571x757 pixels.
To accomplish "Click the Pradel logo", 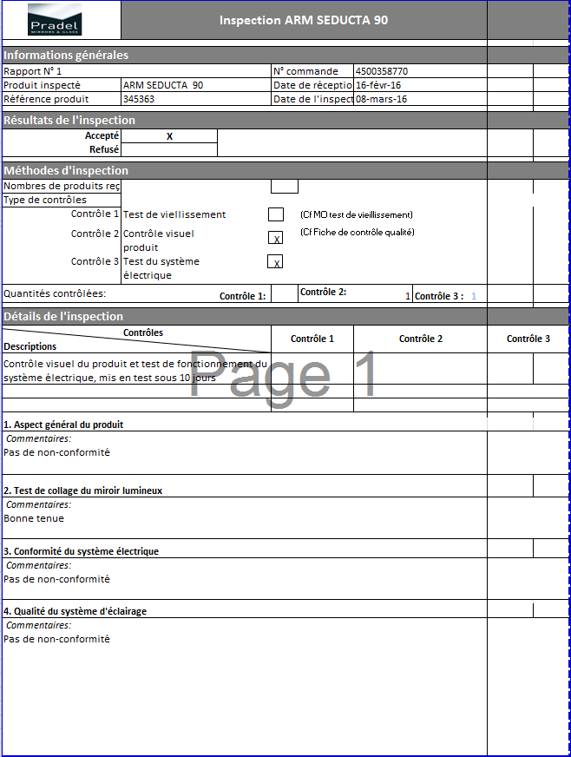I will [x=53, y=19].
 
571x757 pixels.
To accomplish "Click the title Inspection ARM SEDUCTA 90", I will [x=304, y=20].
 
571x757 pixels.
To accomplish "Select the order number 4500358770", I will [x=382, y=71].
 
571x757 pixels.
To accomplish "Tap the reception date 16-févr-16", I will [x=378, y=85].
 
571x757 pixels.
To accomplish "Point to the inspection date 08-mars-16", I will [x=382, y=99].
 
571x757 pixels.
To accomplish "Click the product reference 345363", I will [x=139, y=99].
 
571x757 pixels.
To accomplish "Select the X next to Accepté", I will [x=169, y=136].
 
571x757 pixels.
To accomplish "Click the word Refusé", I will [x=104, y=149].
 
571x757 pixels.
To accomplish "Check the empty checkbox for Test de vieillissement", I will [x=276, y=214].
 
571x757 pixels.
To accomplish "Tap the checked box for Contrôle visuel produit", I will [x=276, y=238].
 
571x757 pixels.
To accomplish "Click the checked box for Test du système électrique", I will [x=275, y=261].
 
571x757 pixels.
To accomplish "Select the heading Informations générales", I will [x=66, y=56].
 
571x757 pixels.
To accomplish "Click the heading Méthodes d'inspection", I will [x=66, y=171].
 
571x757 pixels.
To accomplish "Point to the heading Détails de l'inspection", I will [x=63, y=317].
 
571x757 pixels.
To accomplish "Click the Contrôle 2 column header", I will [x=421, y=339].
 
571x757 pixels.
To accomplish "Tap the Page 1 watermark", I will [x=284, y=375].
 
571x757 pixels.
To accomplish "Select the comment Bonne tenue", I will [x=34, y=518].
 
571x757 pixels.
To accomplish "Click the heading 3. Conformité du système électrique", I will [x=81, y=551].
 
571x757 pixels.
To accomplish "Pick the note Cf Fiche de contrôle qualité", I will [x=358, y=232].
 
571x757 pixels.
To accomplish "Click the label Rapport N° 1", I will [x=33, y=71].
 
